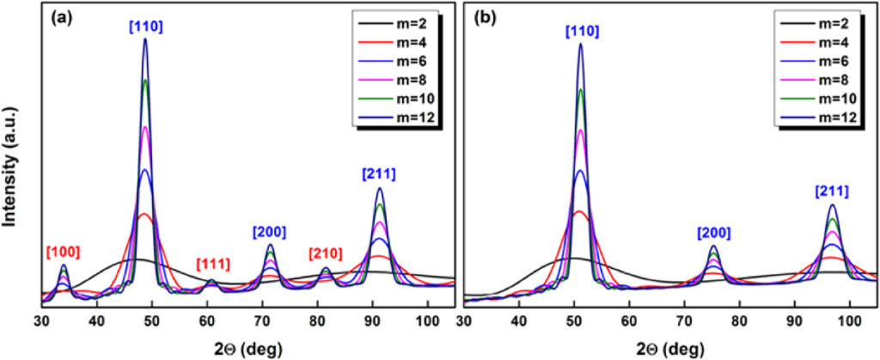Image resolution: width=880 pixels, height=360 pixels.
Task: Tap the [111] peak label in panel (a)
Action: pyautogui.click(x=213, y=263)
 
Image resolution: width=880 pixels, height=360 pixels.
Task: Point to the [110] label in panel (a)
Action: pyautogui.click(x=145, y=27)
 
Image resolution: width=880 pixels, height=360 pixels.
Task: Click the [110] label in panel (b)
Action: pyautogui.click(x=582, y=32)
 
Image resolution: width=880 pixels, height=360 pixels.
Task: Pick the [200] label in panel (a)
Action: pyautogui.click(x=270, y=232)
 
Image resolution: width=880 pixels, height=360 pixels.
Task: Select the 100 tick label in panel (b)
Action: pyautogui.click(x=850, y=320)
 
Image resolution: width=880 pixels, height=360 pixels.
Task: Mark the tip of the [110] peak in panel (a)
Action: pyautogui.click(x=145, y=39)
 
